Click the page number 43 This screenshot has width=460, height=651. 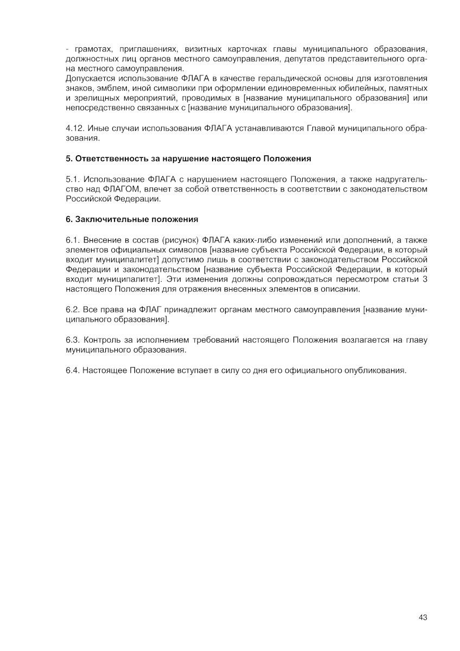pos(423,617)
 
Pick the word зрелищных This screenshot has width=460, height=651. pos(98,98)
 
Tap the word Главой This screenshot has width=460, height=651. pos(322,129)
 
